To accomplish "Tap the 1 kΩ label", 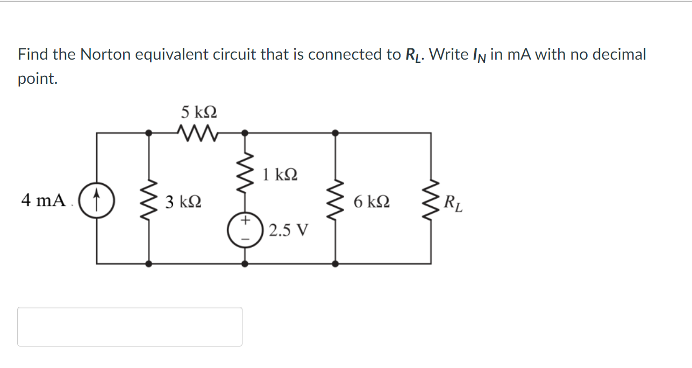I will coord(280,175).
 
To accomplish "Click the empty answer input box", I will coord(130,326).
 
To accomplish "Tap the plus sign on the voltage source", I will coord(245,220).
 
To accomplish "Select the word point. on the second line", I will coord(37,79).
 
